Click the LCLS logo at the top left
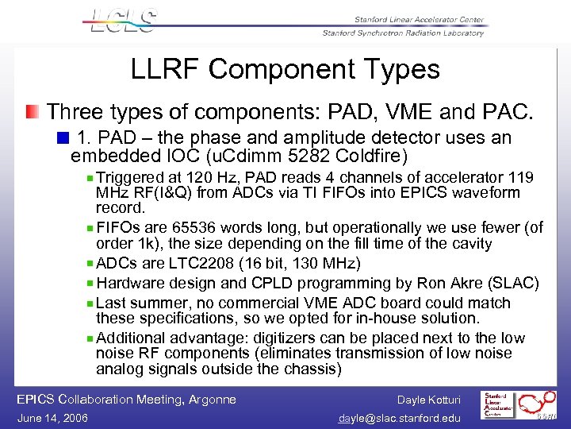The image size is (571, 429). tap(124, 21)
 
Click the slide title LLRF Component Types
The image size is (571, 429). tap(285, 69)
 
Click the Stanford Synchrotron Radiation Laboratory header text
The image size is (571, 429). tap(403, 33)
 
